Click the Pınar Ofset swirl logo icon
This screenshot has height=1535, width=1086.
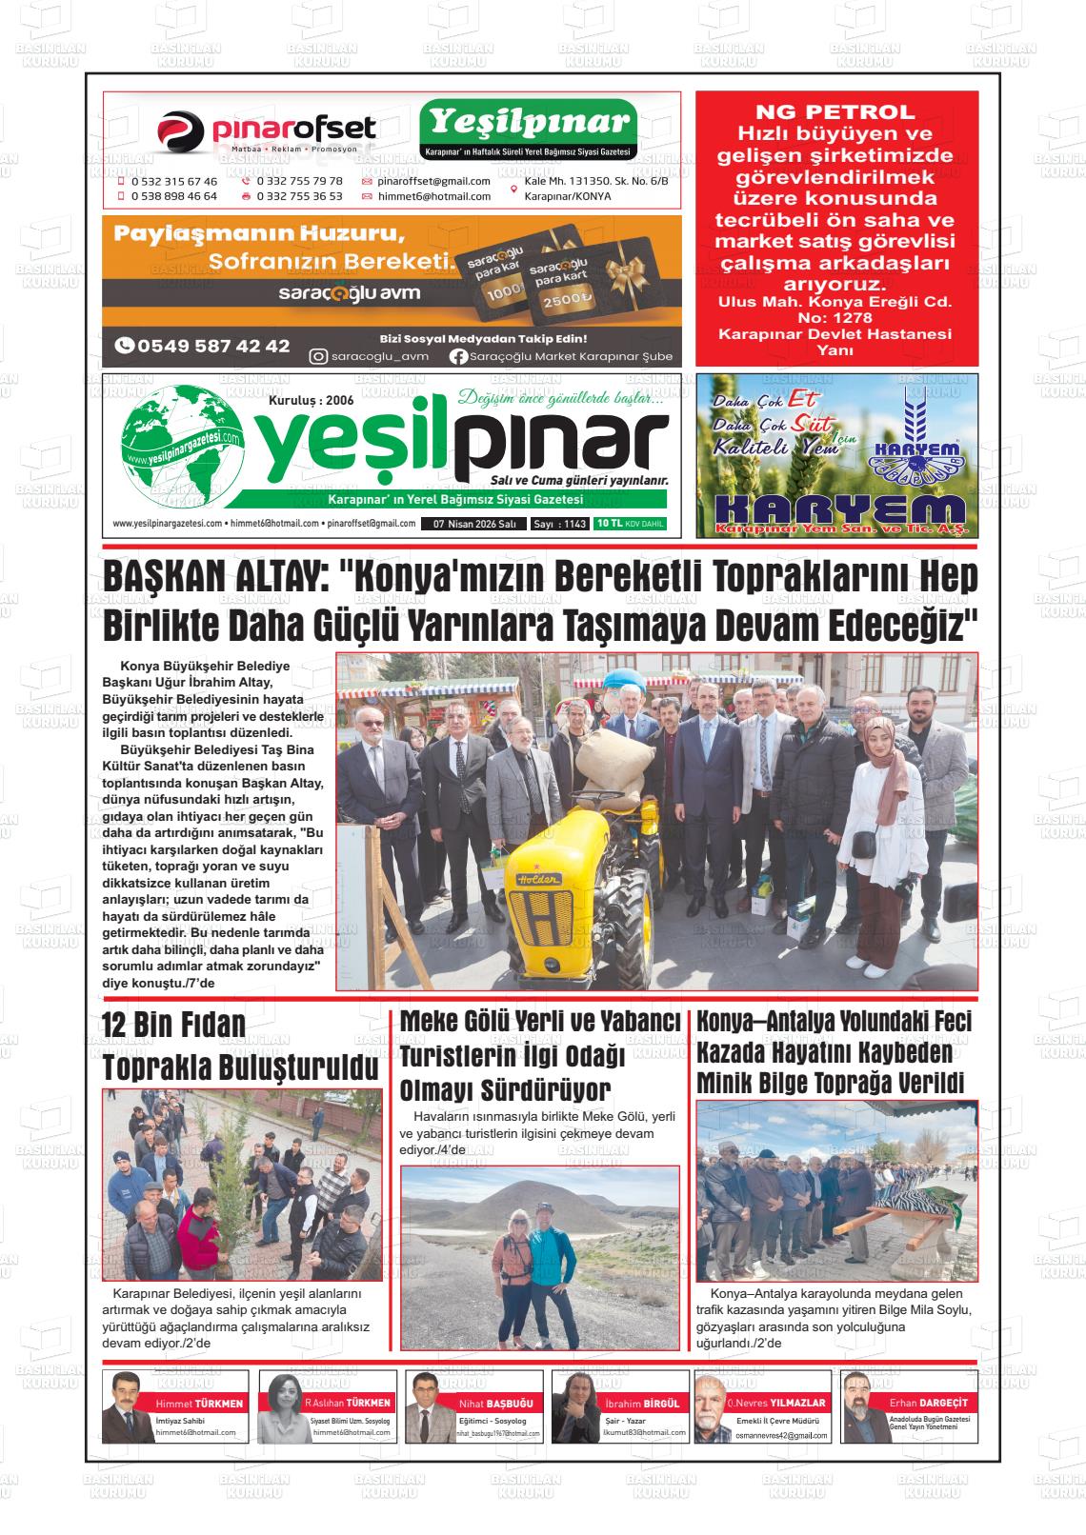coord(181,131)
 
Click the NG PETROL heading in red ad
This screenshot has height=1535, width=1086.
coord(835,111)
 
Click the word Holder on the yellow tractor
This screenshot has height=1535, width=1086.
coord(538,880)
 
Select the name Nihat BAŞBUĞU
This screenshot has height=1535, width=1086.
coord(496,1404)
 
